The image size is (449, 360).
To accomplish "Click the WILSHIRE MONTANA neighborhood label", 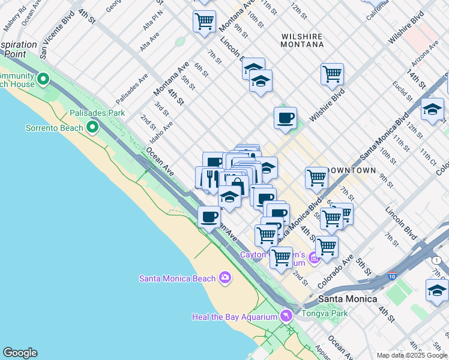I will (302, 40).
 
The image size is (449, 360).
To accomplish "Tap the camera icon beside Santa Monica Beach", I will (225, 277).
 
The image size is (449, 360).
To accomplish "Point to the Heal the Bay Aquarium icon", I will (286, 316).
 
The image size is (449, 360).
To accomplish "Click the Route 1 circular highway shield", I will (436, 260).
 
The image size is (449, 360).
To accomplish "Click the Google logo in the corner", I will (20, 353).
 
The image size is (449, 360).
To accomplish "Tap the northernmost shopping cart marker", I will (204, 22).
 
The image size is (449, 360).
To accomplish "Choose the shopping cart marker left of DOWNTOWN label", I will (316, 177).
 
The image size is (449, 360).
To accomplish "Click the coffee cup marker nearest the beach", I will (209, 216).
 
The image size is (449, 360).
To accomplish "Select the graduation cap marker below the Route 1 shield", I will (436, 290).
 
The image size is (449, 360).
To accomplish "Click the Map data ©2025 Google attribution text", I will (411, 355).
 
